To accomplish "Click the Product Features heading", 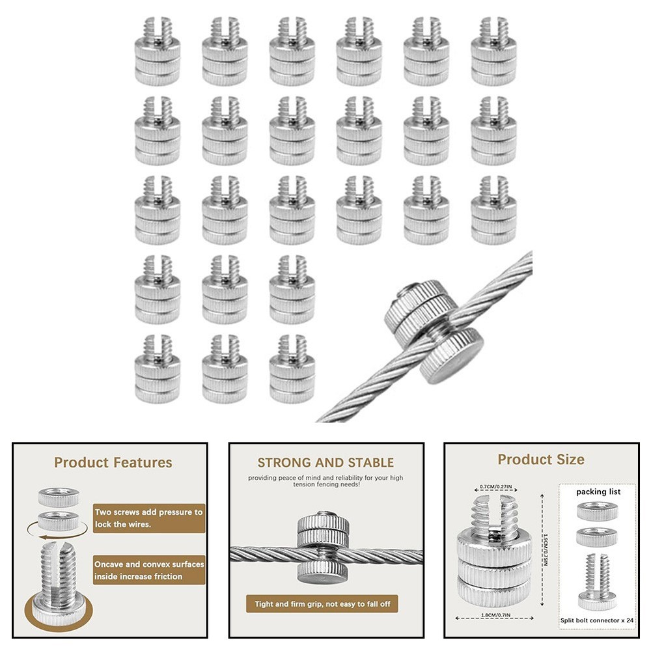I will (113, 463).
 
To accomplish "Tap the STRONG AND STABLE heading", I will (325, 463).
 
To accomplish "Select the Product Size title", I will (541, 460).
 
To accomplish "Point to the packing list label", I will (598, 492).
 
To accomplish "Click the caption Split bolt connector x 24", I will (598, 620).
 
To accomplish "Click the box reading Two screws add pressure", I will (149, 518).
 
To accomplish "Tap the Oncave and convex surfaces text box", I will (149, 570).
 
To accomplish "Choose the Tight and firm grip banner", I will (322, 604).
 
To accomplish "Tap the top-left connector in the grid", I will (157, 51).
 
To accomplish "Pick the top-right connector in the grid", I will (493, 51).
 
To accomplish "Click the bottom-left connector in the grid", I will (157, 368).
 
